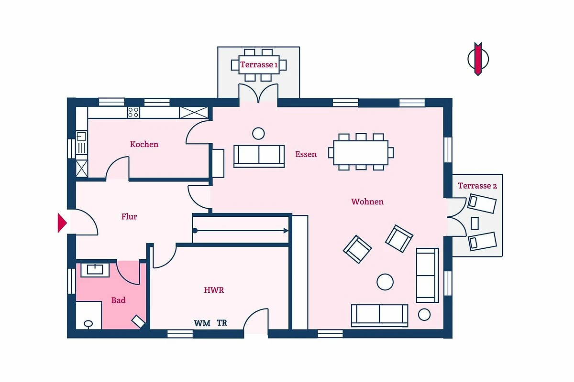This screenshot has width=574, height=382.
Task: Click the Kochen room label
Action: (x=144, y=144)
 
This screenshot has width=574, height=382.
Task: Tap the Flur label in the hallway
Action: (x=129, y=216)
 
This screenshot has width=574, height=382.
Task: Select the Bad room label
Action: (x=119, y=300)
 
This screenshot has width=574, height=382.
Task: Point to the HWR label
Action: (x=214, y=290)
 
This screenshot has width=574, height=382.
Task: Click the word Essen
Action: (x=306, y=154)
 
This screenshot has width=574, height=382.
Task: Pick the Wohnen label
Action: (x=367, y=202)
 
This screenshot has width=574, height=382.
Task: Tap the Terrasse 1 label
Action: (x=259, y=65)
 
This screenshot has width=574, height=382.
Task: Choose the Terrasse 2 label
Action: (x=477, y=185)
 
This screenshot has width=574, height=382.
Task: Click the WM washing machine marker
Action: (x=202, y=323)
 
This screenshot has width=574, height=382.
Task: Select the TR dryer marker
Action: (x=222, y=323)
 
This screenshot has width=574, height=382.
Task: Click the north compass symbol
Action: (x=478, y=59)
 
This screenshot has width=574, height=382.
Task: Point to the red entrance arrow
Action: (x=62, y=223)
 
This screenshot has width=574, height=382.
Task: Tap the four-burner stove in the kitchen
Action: (x=133, y=112)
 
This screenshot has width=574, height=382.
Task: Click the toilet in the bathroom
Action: (x=88, y=324)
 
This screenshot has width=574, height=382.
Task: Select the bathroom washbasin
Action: (x=95, y=270)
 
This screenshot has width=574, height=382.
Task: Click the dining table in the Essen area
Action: (x=361, y=152)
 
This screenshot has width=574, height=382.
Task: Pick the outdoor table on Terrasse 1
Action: (x=259, y=65)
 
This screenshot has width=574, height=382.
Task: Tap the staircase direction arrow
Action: (x=241, y=231)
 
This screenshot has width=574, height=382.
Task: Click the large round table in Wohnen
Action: (x=385, y=282)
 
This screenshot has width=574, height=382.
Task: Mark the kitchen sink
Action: (x=82, y=142)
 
